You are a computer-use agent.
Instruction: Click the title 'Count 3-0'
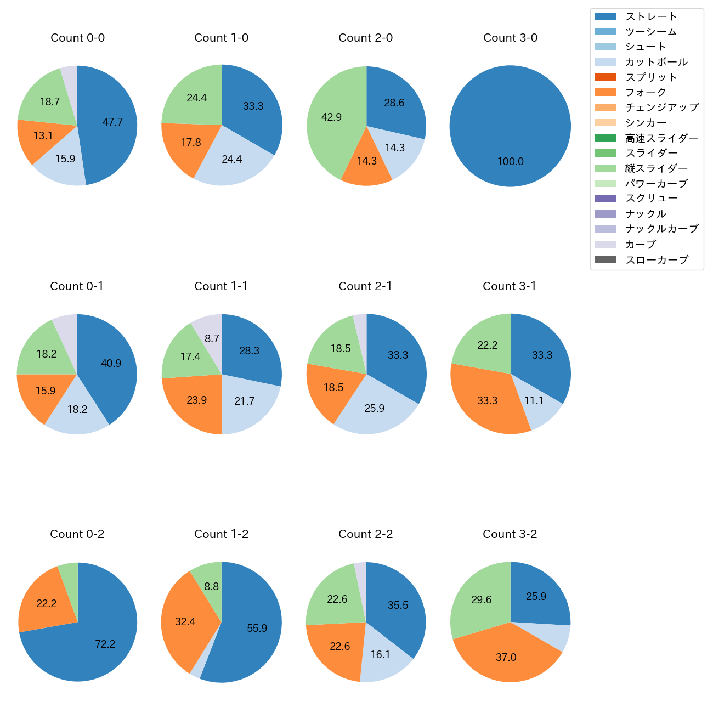pos(510,38)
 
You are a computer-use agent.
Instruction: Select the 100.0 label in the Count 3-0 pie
pos(510,162)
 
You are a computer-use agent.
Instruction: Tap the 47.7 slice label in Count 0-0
pos(112,122)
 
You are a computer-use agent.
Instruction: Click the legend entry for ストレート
pos(651,16)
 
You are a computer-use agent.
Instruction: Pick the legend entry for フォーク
pos(646,92)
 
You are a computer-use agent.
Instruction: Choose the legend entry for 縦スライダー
pos(656,168)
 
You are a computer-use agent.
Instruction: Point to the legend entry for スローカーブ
pos(657,260)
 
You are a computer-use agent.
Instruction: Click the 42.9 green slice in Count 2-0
pos(331,117)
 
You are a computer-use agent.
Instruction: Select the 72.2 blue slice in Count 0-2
pos(105,644)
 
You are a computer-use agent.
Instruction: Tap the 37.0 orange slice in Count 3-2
pos(506,657)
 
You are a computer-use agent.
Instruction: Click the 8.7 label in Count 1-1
pos(212,339)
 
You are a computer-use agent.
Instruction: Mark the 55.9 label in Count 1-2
pos(257,629)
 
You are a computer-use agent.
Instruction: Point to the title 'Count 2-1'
pos(365,286)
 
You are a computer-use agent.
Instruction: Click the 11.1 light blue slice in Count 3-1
pos(533,401)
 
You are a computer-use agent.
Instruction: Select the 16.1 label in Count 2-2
pos(380,655)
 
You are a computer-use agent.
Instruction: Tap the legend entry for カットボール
pos(656,62)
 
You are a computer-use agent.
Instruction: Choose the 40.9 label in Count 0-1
pos(111,364)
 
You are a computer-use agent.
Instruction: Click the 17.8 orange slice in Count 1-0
pos(191,143)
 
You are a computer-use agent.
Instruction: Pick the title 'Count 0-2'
pos(77,534)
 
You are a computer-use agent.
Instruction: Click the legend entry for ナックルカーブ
pos(661,229)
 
